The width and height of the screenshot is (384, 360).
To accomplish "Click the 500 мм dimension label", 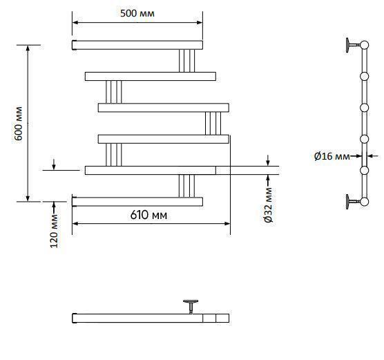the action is coord(137,13).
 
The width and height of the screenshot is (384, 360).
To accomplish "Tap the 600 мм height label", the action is coord(19,124).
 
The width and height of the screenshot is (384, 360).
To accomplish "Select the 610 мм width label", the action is coord(148,215).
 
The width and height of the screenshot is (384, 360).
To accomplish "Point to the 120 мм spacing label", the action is coord(54,231).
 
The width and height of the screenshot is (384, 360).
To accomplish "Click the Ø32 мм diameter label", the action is coord(269,205).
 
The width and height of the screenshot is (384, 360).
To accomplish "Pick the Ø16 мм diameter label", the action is coord(332,156).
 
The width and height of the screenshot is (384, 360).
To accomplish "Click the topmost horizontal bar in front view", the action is coord(137,45).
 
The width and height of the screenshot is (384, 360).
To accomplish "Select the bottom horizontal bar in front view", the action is coord(137,202).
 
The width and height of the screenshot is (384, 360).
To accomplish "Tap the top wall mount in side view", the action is coord(353,45).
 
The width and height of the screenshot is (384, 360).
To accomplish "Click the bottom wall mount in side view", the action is coord(353,202).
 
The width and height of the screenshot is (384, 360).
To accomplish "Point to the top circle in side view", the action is coord(365,45).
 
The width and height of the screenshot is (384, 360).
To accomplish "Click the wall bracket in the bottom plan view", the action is coord(191,306).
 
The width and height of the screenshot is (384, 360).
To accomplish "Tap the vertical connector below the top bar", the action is coord(186,61).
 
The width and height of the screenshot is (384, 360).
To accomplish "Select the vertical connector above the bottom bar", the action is coord(186,186).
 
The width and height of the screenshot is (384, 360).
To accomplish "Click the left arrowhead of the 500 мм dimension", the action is coord(75,23).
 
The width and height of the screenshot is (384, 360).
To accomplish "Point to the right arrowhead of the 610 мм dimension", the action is coord(227,223).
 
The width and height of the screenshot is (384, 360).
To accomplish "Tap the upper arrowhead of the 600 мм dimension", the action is coord(28,48).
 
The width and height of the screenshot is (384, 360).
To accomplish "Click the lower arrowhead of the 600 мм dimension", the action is coord(28,198).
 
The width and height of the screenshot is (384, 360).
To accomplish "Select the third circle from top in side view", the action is coord(365,108).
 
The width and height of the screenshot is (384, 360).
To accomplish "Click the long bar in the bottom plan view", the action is coord(151,318).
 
